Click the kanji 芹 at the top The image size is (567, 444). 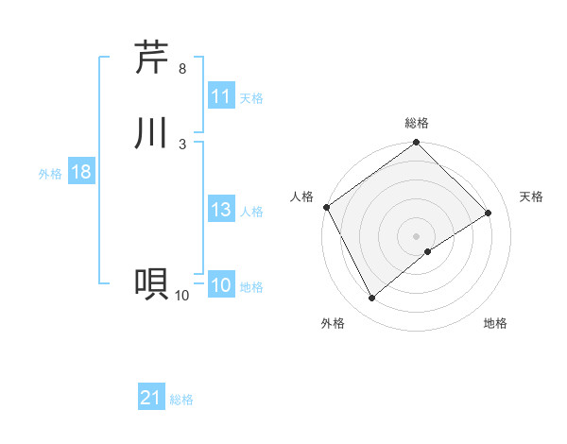click(151, 58)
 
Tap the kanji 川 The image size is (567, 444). click(151, 132)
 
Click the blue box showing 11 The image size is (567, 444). click(221, 96)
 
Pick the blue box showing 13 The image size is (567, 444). click(221, 211)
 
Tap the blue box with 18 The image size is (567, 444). click(80, 173)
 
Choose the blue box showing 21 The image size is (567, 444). click(151, 399)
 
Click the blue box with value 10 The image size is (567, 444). click(221, 286)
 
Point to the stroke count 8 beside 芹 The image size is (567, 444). click(182, 69)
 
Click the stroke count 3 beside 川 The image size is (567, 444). click(182, 144)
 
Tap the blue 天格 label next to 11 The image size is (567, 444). click(251, 97)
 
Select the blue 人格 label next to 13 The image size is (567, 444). click(251, 212)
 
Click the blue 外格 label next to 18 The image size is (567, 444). click(50, 174)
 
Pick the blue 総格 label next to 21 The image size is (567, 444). click(181, 400)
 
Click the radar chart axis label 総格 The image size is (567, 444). click(417, 123)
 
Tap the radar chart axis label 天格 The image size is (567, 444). click(532, 196)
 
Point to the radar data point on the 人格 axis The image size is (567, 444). click(326, 207)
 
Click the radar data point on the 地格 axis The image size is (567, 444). click(428, 251)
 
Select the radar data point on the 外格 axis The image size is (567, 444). click(371, 299)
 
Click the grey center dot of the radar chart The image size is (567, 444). click(417, 236)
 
